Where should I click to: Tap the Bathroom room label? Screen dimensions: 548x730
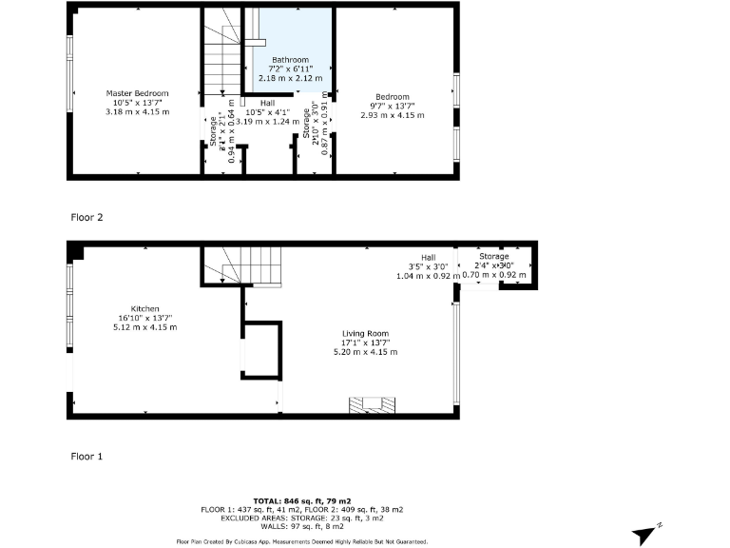(291, 59)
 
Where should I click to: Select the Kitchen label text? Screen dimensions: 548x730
(144, 308)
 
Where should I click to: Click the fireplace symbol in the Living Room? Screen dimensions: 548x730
(371, 404)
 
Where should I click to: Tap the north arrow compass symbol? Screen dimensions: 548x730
(648, 534)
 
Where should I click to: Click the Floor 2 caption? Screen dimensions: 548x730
(86, 217)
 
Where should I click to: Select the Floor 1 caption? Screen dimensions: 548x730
(86, 456)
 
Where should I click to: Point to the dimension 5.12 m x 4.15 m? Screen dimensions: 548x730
(144, 326)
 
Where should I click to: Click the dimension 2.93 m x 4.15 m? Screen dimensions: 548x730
(392, 114)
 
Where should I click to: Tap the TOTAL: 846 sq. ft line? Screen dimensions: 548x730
(301, 500)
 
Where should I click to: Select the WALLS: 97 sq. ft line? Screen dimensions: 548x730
(301, 526)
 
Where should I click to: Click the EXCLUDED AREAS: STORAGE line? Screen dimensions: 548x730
(301, 518)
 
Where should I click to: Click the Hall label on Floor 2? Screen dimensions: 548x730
(268, 102)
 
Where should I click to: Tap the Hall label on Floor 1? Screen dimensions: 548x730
(429, 257)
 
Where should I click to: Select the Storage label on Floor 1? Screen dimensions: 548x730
(493, 257)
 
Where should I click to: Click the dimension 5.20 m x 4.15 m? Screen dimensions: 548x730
(365, 352)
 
